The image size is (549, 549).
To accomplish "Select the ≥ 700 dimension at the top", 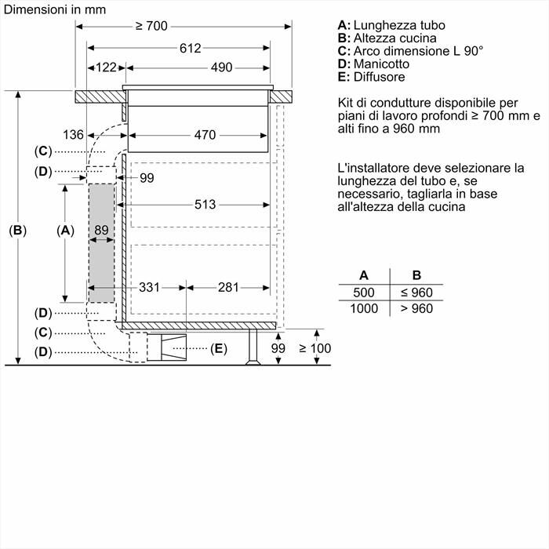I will coord(151,26).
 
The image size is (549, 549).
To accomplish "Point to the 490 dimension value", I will coord(221,67).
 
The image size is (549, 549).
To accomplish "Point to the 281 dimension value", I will coord(227,288).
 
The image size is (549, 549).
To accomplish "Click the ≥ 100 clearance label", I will coord(314,348).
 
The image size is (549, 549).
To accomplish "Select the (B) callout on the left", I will coord(17,231).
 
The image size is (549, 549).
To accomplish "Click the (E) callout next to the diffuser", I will coord(218,348).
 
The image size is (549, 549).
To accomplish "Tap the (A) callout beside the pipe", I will coord(66,231).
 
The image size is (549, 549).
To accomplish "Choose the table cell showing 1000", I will coord(364,309).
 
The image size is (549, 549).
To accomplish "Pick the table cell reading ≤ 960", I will coord(416,293).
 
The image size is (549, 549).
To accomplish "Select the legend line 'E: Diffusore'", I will coord(371,77).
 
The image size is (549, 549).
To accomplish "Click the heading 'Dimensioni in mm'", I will coord(55,9).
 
